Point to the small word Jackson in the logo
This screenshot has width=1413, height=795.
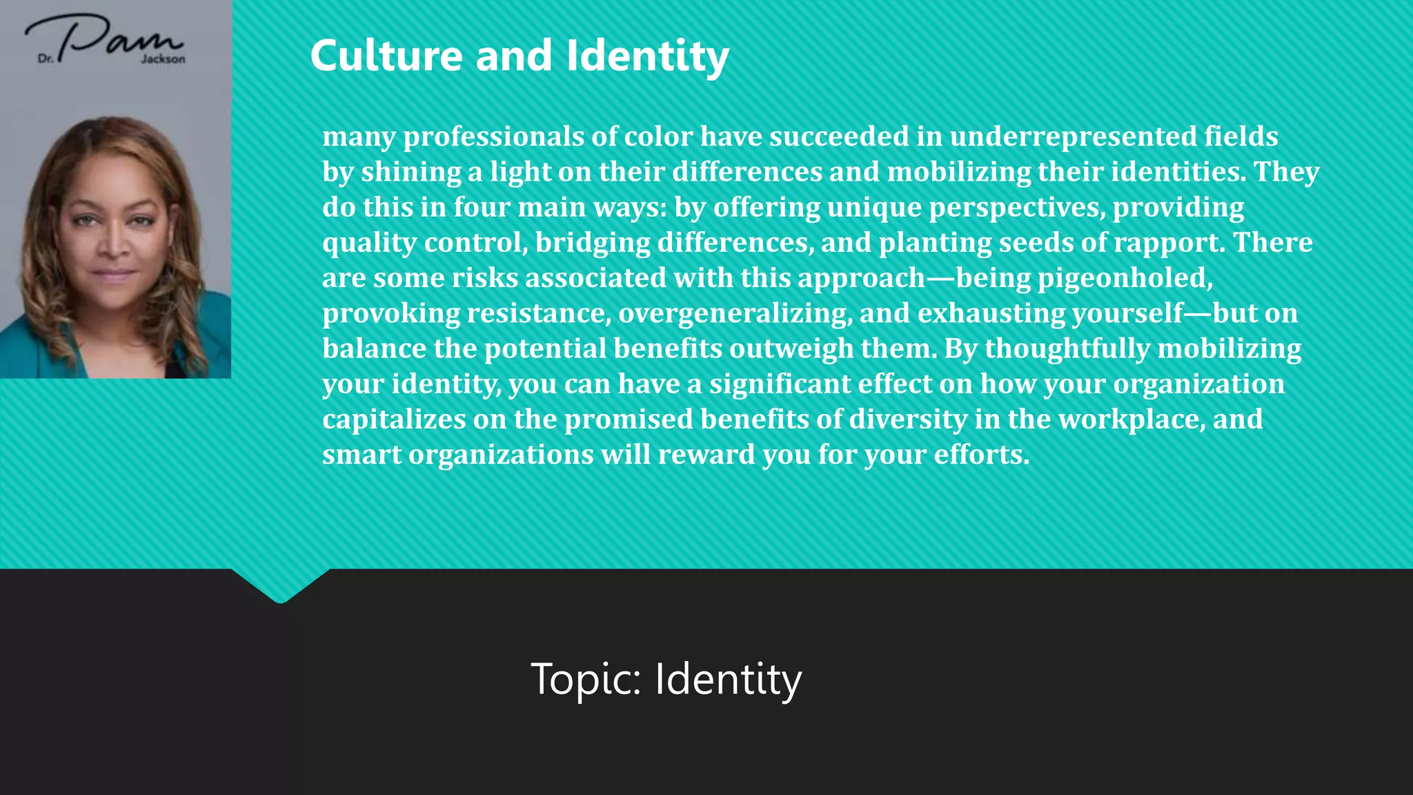tap(164, 59)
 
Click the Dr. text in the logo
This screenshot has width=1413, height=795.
tap(46, 59)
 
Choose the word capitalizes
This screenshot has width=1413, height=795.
tap(394, 420)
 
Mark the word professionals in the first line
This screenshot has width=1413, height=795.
tap(493, 137)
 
